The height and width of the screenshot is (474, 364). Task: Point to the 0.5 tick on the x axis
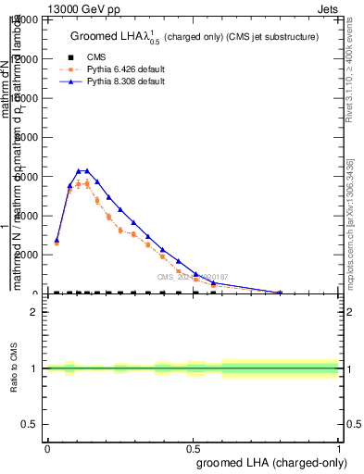193,447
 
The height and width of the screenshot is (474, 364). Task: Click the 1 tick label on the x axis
338,447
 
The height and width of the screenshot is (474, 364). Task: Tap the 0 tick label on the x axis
47,447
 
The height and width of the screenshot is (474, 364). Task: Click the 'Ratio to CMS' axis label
15,368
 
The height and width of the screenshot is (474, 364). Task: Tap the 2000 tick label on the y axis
31,255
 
